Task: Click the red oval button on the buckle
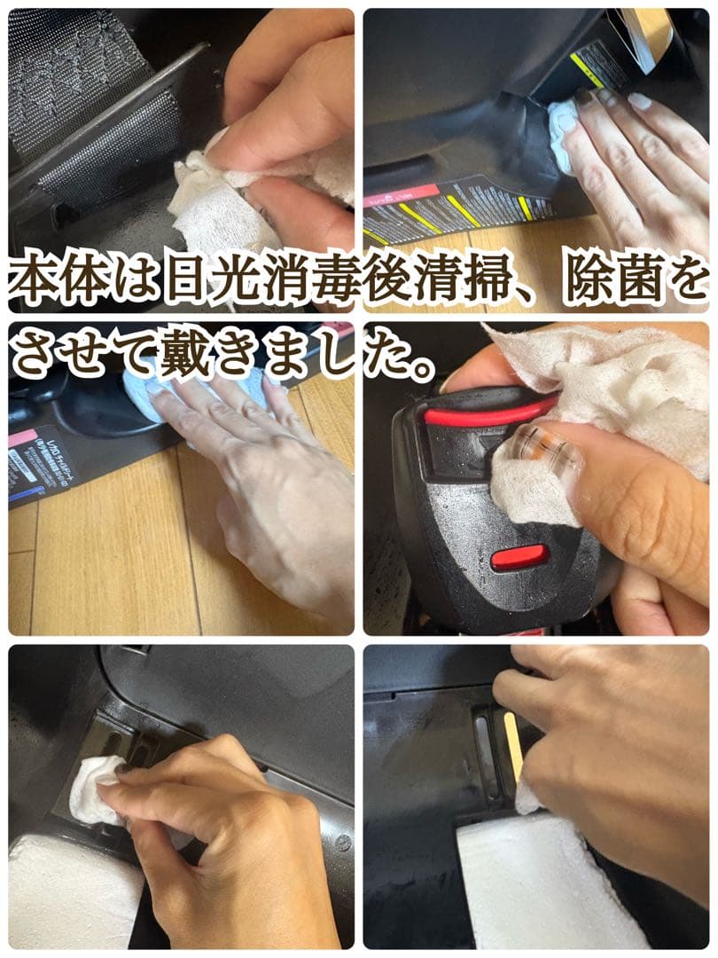[519, 558]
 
